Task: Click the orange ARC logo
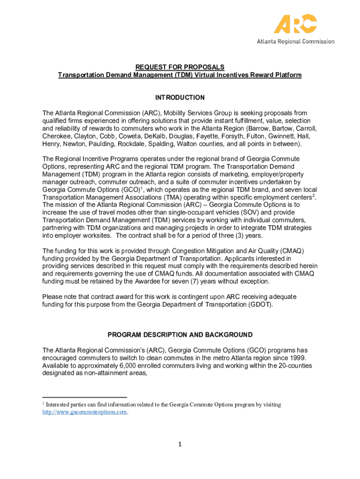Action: [295, 24]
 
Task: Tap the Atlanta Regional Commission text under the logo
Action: [295, 41]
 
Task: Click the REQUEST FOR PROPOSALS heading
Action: [180, 67]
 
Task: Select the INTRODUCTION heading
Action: [180, 98]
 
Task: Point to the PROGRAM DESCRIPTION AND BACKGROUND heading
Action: [180, 335]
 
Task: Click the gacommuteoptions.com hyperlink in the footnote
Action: [85, 412]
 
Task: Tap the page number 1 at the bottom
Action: [180, 444]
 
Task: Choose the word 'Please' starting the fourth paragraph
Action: [53, 297]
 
